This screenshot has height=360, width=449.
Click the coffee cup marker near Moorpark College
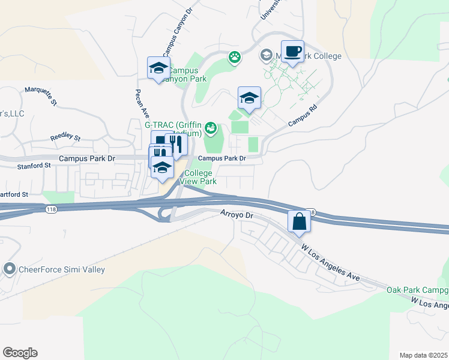(292, 52)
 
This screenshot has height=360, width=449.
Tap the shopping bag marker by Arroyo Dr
(300, 222)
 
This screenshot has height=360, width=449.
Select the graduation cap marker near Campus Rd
(249, 98)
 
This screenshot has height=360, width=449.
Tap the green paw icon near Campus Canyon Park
(235, 58)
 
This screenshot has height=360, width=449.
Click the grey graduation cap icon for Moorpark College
(266, 56)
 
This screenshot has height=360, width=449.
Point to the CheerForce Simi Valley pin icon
(9, 269)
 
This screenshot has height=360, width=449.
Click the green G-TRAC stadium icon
(210, 127)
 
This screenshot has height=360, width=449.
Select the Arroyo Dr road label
(238, 214)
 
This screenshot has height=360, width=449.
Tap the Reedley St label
(65, 137)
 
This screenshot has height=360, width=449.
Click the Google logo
(20, 353)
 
